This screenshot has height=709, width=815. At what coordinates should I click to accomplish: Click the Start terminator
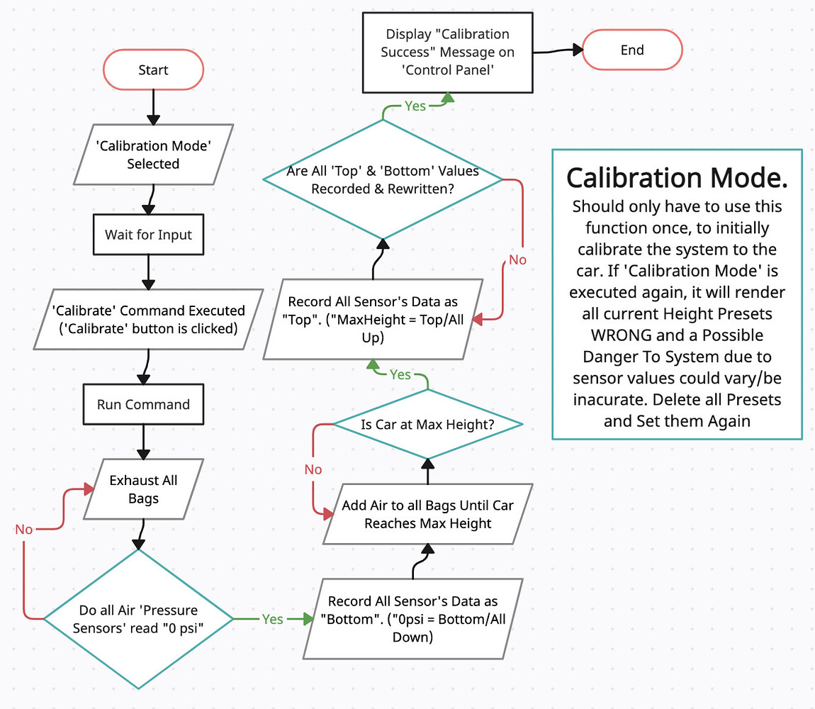153,69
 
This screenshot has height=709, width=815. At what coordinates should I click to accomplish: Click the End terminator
631,50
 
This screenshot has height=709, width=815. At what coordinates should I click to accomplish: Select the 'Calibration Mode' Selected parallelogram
153,154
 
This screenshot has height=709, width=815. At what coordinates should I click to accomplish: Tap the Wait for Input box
148,235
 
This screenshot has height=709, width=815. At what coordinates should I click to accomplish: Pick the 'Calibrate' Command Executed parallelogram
149,318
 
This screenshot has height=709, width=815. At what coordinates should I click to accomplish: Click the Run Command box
143,404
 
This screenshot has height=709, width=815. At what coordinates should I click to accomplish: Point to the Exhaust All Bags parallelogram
143,489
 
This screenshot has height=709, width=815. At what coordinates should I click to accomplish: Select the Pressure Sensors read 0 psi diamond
139,619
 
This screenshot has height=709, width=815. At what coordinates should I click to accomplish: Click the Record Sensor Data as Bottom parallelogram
412,619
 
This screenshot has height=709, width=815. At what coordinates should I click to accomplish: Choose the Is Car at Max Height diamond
428,425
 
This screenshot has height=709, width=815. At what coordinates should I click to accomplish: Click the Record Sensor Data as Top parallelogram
373,319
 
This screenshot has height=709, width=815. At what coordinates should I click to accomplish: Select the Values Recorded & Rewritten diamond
383,180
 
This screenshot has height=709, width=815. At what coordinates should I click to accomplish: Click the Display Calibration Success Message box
447,52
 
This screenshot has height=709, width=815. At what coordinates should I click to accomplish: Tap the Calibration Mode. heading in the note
677,177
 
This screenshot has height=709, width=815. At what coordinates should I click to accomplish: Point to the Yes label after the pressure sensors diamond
272,619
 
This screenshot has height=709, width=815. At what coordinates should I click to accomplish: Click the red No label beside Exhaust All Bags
24,530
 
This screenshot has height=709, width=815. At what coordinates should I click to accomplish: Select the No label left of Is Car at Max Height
313,469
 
